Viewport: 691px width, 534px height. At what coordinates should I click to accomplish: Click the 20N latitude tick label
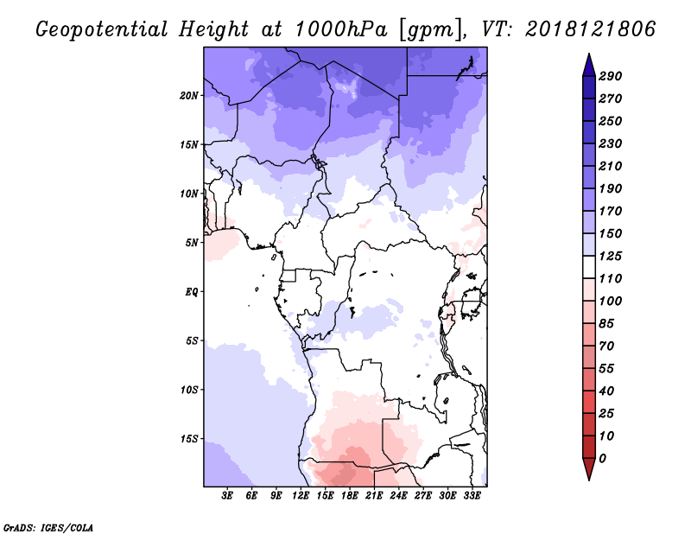tap(189, 95)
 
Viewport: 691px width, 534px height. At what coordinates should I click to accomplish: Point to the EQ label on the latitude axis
tap(192, 292)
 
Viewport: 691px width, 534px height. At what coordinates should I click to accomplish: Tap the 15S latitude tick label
tap(189, 439)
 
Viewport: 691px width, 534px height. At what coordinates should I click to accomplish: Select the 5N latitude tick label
tap(192, 243)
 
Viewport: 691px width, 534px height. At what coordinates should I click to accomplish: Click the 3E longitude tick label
tap(227, 496)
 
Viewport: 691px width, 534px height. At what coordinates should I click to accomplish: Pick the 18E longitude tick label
tap(350, 496)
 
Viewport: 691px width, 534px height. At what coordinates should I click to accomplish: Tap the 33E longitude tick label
tap(472, 496)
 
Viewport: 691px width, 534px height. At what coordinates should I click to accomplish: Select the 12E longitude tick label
tap(301, 496)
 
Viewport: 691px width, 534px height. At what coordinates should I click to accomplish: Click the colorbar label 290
tap(611, 76)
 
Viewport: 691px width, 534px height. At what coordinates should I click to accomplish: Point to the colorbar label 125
tap(611, 256)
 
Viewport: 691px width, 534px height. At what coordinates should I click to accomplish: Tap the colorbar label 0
tap(602, 458)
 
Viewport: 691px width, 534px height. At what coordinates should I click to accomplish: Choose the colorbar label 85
tap(606, 323)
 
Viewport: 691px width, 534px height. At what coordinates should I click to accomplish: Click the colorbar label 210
tap(611, 166)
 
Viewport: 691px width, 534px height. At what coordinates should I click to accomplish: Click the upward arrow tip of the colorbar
tap(589, 54)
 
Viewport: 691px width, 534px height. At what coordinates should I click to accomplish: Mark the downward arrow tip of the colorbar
tap(589, 480)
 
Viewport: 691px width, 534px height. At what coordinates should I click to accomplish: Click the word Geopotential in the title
tap(102, 29)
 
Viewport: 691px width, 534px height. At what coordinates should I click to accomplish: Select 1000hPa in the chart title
tap(341, 29)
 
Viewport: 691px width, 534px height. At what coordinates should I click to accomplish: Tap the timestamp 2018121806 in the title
tap(591, 29)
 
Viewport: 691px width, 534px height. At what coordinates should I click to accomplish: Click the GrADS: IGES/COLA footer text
tap(48, 527)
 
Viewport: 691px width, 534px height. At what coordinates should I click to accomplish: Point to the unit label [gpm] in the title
tap(431, 30)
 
